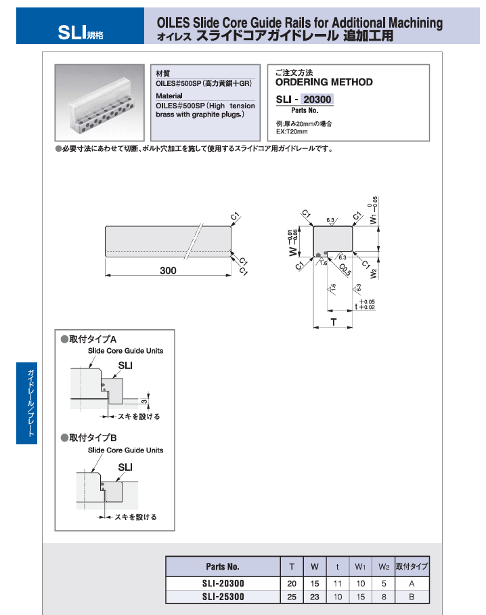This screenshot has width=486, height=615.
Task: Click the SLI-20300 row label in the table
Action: tap(223, 583)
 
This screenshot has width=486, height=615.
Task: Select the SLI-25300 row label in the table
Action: tap(223, 597)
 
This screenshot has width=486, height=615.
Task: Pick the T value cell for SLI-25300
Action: tap(292, 597)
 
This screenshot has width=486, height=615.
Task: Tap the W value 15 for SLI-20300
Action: tap(315, 583)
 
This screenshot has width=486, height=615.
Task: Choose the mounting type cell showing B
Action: tap(412, 597)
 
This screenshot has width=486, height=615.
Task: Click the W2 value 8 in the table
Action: tap(383, 597)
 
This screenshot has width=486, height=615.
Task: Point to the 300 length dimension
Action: tap(168, 271)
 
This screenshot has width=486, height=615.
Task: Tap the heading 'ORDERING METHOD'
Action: tap(324, 82)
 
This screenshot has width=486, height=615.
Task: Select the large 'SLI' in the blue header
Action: tap(70, 31)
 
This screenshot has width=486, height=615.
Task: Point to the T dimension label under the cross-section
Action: tap(334, 322)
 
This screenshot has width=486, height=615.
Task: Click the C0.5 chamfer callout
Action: tap(345, 270)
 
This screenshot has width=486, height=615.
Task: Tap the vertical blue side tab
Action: tap(26, 403)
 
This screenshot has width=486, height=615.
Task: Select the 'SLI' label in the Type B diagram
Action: tap(125, 467)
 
